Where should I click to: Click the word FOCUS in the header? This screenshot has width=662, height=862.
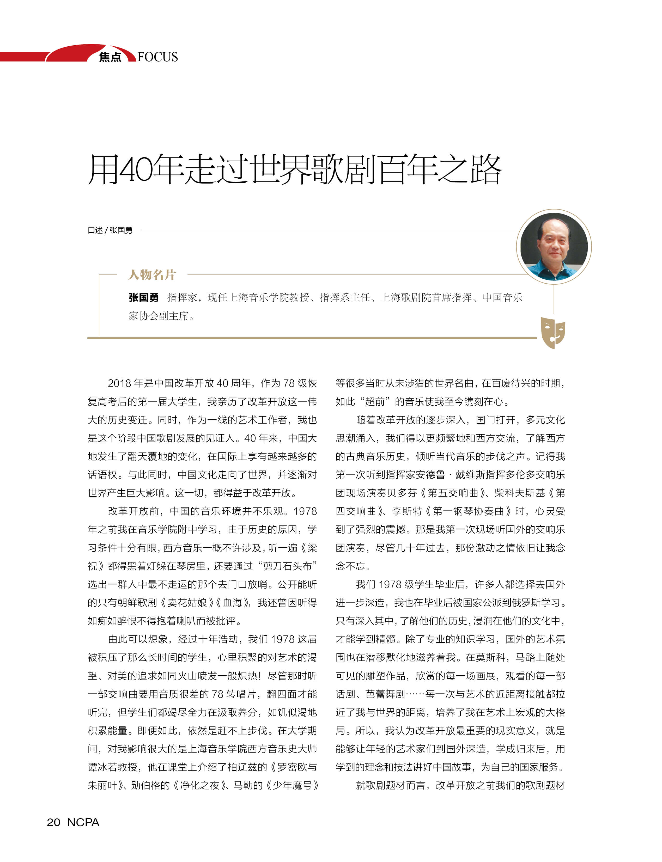click(158, 57)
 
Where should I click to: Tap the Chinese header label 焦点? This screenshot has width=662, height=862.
click(110, 57)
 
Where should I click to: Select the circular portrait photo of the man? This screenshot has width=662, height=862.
click(554, 247)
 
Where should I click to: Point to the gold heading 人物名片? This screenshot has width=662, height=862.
click(152, 274)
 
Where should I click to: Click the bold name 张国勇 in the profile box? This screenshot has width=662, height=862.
click(143, 297)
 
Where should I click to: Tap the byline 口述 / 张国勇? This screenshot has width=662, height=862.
click(110, 230)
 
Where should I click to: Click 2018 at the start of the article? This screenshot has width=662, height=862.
click(120, 383)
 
